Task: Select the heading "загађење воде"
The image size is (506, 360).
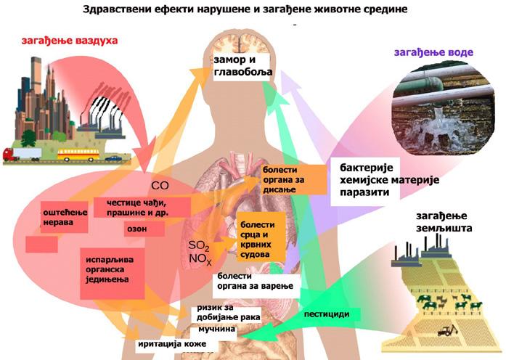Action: pos(433,52)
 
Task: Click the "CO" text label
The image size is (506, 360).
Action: pos(160,186)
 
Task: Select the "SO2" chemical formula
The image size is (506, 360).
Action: pos(198,245)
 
